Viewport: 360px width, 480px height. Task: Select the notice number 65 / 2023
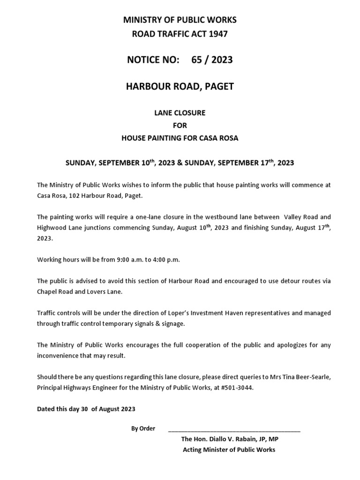point(212,60)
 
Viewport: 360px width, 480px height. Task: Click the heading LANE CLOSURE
point(180,113)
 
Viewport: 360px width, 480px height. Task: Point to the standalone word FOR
point(180,126)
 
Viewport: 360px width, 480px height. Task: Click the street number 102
point(75,195)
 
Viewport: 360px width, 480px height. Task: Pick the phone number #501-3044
point(235,388)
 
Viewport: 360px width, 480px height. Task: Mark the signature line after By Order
point(233,429)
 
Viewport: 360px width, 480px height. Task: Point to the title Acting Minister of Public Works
point(229,450)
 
